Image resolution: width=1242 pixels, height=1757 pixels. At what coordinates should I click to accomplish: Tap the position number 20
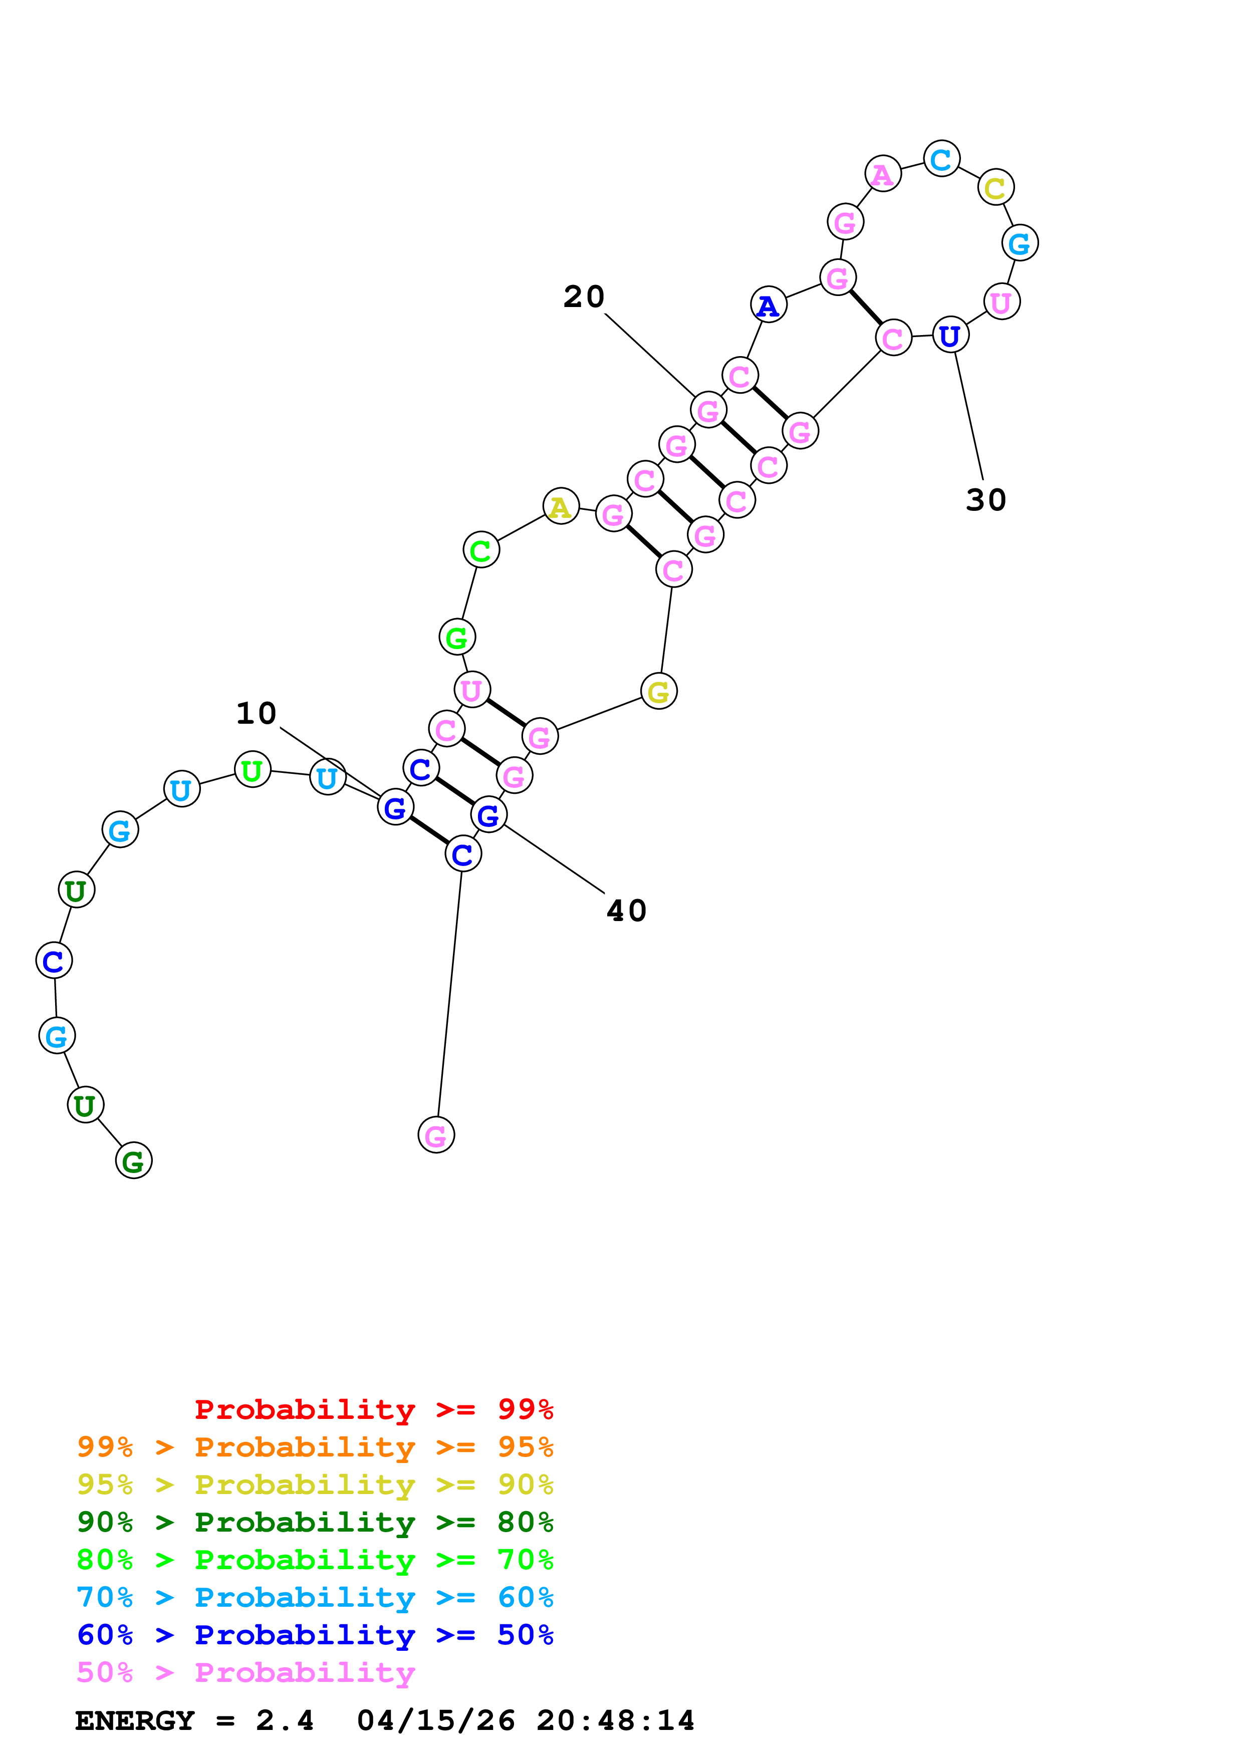click(x=584, y=297)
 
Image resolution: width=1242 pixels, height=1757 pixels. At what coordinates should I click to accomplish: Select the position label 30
click(x=985, y=500)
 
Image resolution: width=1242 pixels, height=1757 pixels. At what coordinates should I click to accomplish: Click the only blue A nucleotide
click(x=769, y=306)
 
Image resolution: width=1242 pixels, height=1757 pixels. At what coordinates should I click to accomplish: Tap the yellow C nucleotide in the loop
click(x=995, y=187)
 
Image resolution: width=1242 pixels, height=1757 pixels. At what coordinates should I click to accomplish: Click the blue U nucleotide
click(x=950, y=335)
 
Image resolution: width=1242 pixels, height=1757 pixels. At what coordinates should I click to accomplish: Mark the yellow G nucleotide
click(x=658, y=692)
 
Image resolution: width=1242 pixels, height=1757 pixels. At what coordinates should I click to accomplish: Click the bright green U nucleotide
click(x=252, y=770)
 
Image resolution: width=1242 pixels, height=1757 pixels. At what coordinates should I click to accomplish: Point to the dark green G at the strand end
click(x=133, y=1161)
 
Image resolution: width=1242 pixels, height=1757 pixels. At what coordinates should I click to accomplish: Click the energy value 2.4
click(x=284, y=1720)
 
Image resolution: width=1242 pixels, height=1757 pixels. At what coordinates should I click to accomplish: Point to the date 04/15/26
click(x=435, y=1720)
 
